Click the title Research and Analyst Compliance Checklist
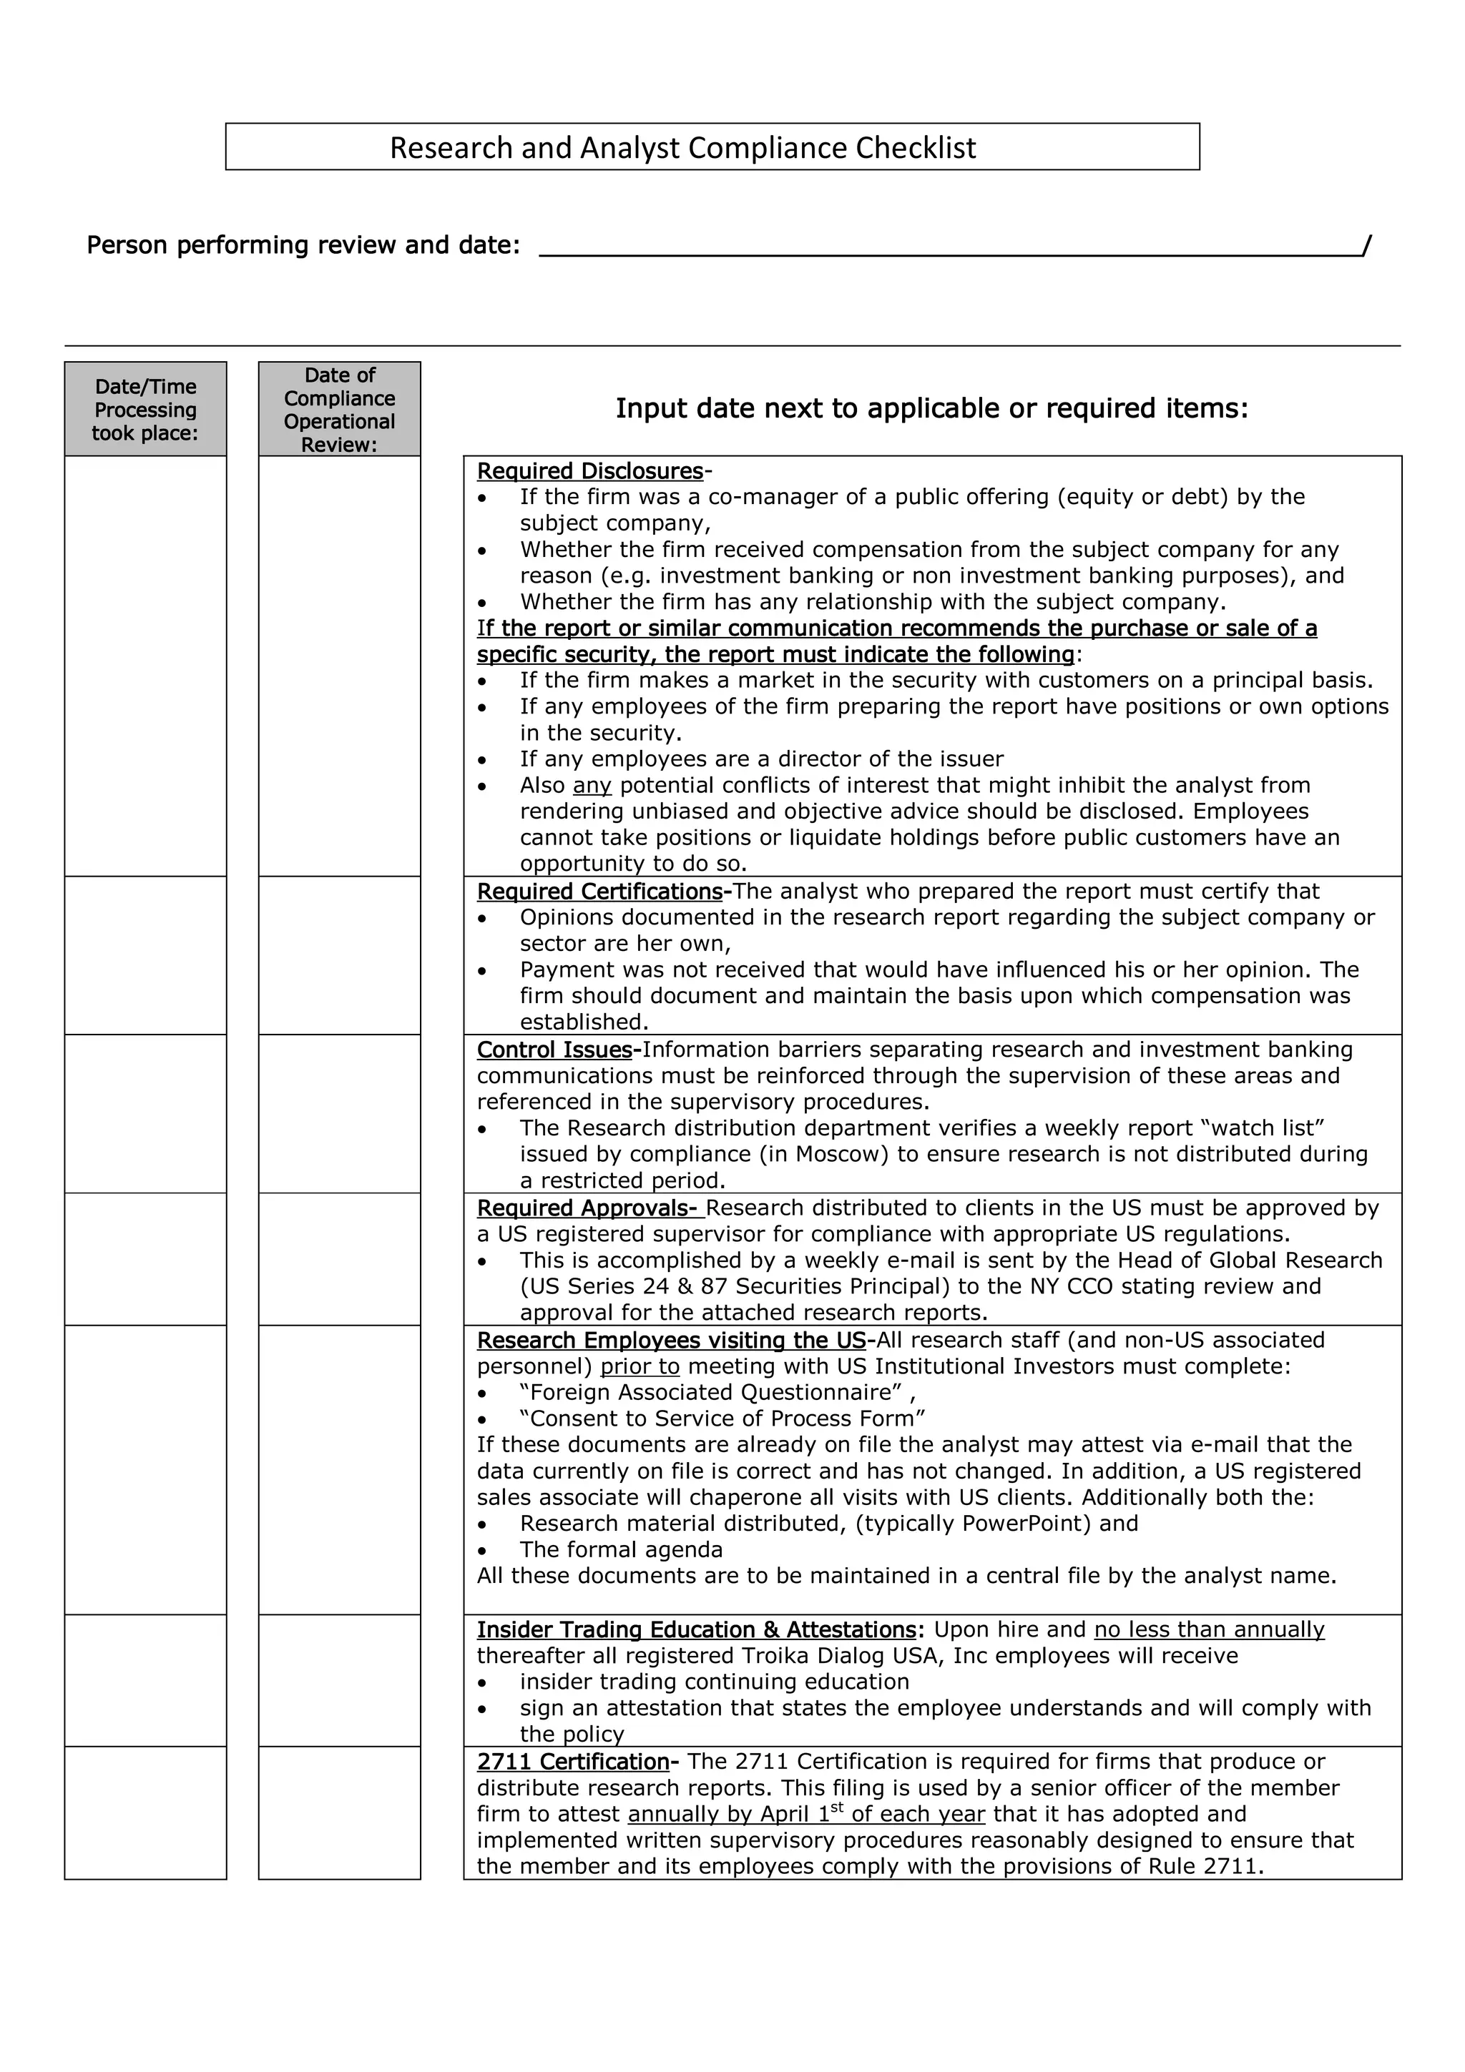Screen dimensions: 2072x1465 682,147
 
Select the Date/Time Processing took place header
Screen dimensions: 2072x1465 145,410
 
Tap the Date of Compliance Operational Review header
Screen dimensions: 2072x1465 339,410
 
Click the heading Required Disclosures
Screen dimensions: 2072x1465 589,471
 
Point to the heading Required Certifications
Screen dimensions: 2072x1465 599,892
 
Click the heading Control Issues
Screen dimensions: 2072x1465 554,1050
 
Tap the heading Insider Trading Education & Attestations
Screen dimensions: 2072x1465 696,1630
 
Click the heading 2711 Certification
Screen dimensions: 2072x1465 572,1762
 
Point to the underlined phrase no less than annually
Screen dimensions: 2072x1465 1209,1630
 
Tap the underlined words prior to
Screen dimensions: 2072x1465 640,1366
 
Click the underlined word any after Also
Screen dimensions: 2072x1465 592,785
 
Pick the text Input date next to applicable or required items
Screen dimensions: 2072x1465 931,409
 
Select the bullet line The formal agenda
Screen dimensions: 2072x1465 621,1549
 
